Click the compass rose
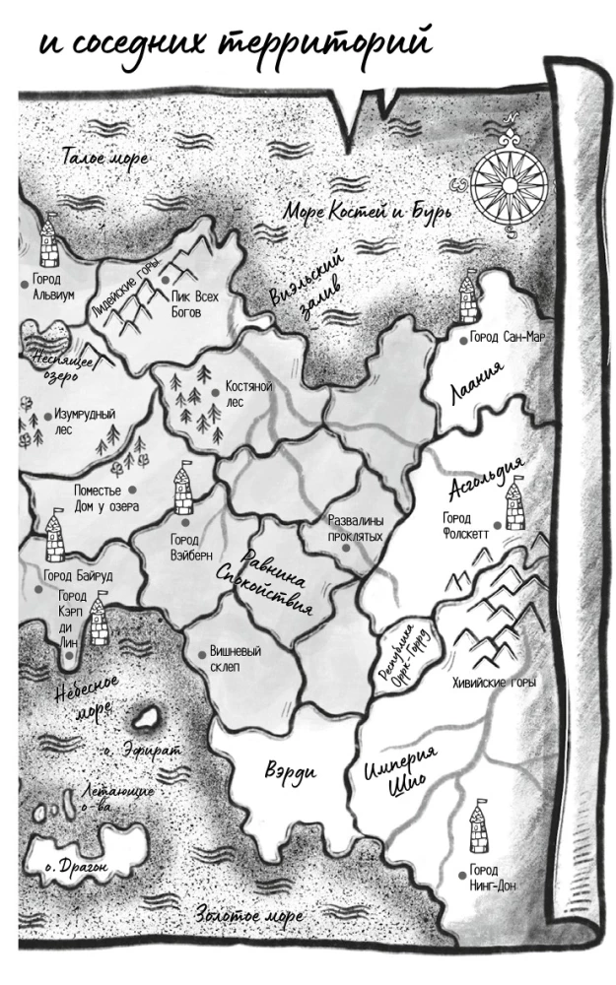[509, 181]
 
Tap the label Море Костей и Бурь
[367, 212]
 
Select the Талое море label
[104, 158]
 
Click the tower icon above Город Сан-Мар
[468, 298]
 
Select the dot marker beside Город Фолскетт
[498, 526]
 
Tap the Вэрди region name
[290, 770]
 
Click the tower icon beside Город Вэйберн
[183, 488]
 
